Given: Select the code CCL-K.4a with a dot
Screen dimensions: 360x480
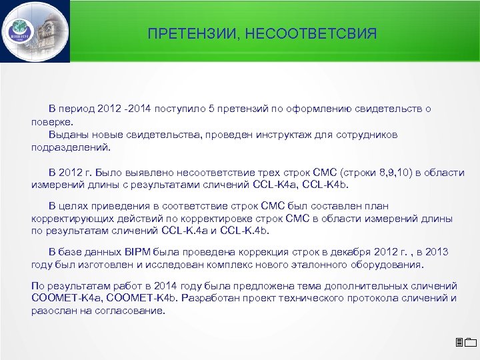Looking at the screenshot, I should pyautogui.click(x=184, y=231).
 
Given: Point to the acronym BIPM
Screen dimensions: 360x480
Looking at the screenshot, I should pyautogui.click(x=136, y=252).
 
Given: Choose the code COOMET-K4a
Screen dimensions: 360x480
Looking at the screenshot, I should pyautogui.click(x=63, y=298).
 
